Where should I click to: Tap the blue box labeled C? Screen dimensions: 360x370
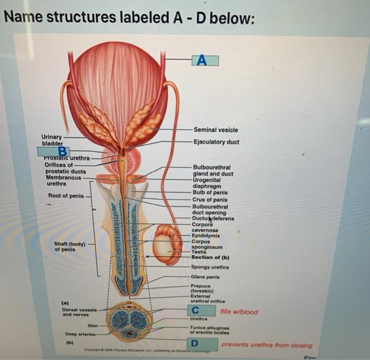195,310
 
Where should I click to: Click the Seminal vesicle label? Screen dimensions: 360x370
216,130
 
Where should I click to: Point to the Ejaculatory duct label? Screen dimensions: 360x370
216,142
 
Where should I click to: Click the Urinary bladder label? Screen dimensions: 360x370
52,140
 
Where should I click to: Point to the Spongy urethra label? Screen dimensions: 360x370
210,267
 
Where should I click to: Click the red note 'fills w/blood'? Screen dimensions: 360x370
239,311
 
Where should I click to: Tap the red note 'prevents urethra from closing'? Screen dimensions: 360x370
266,345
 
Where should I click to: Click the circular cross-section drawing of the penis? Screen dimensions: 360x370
129,321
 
